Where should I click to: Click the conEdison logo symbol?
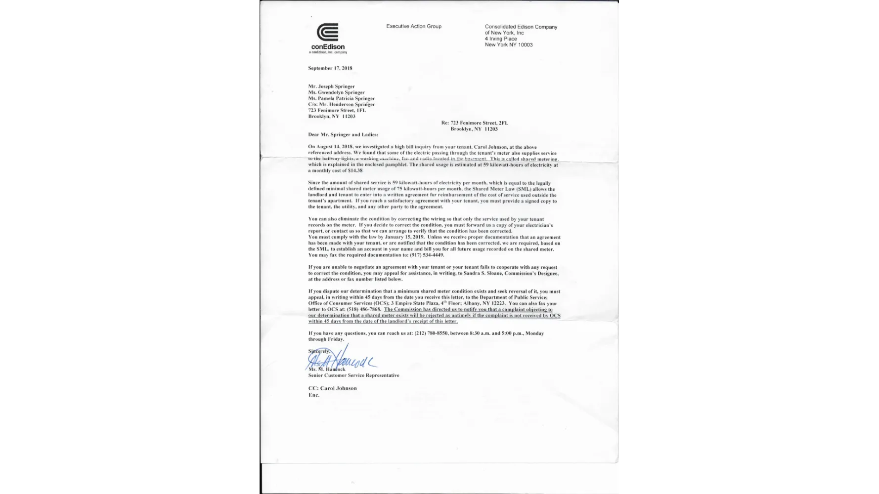pos(327,33)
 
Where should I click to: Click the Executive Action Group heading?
pos(414,26)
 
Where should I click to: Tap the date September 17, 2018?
pos(330,68)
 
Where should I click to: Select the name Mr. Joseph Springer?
pos(331,86)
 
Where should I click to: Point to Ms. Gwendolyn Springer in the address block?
pos(336,92)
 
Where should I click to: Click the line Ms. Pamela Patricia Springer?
pos(341,98)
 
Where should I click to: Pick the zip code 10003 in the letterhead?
pos(525,45)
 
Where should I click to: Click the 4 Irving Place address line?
pos(501,39)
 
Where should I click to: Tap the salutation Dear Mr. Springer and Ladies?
pos(343,134)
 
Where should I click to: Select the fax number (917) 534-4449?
pos(427,255)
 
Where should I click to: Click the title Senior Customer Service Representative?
pos(353,375)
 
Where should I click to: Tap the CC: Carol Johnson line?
pos(332,388)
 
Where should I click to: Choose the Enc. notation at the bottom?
pos(314,395)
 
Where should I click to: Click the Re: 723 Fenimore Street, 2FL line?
pos(475,123)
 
